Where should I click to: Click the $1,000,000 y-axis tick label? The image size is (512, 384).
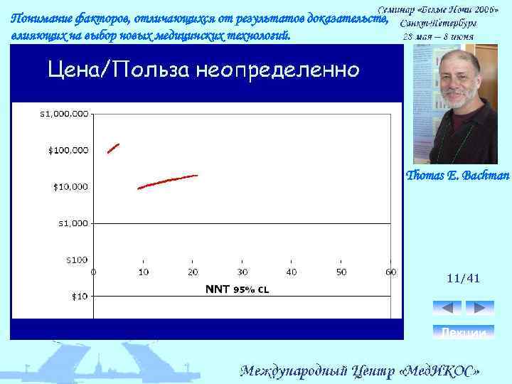coord(64,113)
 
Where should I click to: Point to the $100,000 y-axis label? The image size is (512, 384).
coord(68,150)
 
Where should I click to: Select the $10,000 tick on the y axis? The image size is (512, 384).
coord(70,186)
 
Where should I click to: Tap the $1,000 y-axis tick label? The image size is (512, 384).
coord(73,223)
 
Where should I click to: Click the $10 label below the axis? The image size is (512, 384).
coord(78,295)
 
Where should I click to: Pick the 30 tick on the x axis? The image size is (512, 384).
coord(242,272)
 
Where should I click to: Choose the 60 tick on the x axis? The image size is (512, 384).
coord(390,272)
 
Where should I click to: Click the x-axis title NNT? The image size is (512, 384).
coord(218,289)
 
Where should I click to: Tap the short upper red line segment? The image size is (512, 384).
coord(113,148)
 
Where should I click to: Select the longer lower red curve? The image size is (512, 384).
coord(167,181)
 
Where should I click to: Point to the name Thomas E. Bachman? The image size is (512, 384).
coord(457,175)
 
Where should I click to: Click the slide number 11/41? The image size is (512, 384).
coord(464,279)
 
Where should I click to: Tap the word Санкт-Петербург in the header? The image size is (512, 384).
coord(443,23)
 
